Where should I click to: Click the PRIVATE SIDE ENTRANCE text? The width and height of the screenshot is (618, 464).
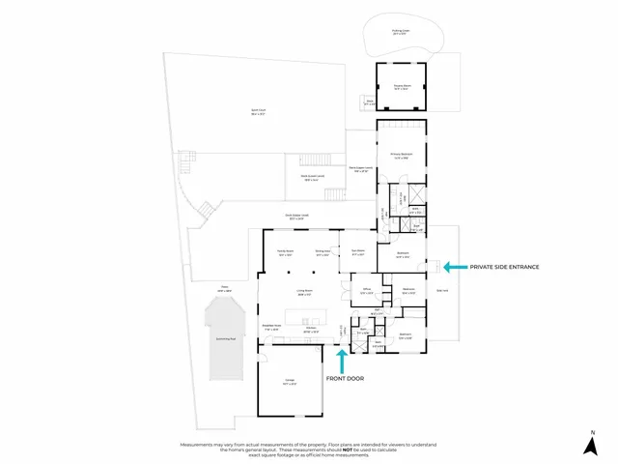pyautogui.click(x=503, y=266)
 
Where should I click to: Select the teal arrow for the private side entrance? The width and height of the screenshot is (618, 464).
pyautogui.click(x=454, y=266)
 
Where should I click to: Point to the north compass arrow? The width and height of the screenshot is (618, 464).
pyautogui.click(x=592, y=447)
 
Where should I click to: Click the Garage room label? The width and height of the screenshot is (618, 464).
pyautogui.click(x=289, y=383)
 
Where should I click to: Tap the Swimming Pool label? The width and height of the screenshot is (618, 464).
pyautogui.click(x=226, y=340)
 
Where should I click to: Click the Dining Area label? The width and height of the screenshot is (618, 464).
pyautogui.click(x=323, y=253)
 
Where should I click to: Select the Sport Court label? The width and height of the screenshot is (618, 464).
pyautogui.click(x=258, y=111)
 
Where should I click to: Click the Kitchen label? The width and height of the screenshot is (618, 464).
pyautogui.click(x=311, y=331)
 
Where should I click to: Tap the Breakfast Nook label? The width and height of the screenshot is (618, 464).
pyautogui.click(x=272, y=327)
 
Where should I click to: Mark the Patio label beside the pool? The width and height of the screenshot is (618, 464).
pyautogui.click(x=225, y=289)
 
